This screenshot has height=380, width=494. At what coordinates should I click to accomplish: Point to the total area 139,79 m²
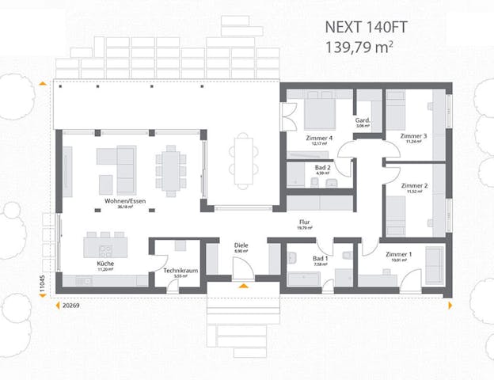[359, 46]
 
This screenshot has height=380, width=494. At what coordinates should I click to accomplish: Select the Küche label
[105, 262]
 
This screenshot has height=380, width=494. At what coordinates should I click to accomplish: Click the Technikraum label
[180, 271]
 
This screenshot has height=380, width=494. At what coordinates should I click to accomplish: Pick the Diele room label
[241, 245]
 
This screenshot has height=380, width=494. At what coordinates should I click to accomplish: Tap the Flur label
[305, 222]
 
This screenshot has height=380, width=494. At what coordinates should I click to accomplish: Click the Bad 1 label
[320, 259]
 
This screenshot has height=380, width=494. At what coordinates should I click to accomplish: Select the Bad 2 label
[322, 168]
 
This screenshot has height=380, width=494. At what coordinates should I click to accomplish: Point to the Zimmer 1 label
[398, 255]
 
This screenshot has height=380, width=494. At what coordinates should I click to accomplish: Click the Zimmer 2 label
[414, 185]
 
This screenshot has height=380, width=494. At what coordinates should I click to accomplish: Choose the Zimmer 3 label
[413, 136]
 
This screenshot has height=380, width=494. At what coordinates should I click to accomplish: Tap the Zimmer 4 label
[319, 138]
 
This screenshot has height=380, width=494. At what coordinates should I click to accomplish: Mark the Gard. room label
[363, 121]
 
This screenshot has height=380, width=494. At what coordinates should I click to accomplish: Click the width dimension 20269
[72, 304]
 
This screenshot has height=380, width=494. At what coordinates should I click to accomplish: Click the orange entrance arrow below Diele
[242, 283]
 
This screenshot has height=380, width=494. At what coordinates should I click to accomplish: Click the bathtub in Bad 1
[303, 279]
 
